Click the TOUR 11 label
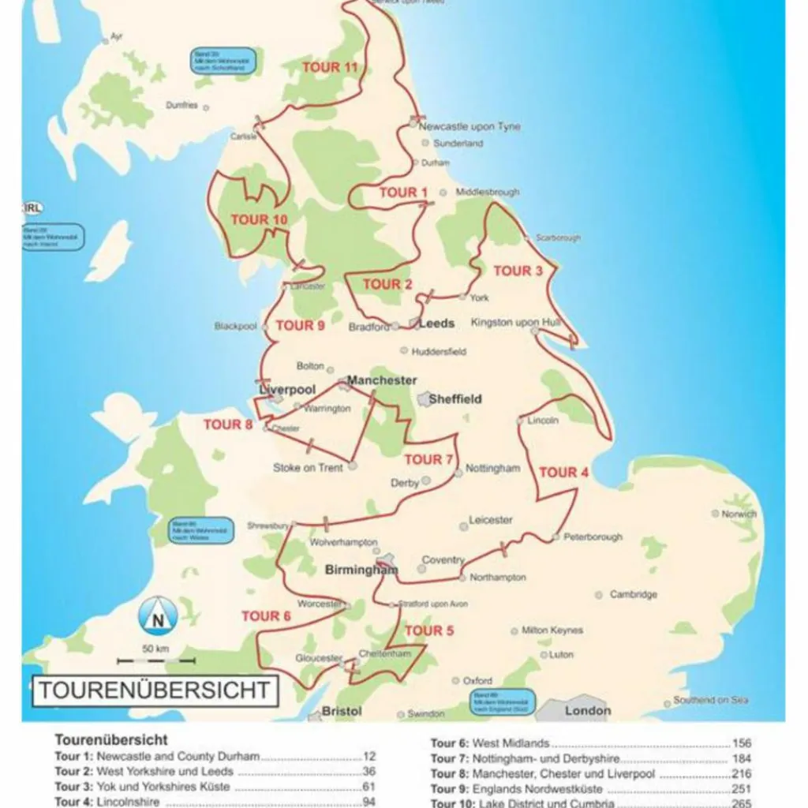click(330, 67)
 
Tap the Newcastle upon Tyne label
click(469, 126)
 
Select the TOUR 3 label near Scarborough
click(518, 271)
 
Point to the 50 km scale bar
click(155, 659)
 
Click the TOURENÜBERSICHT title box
click(155, 690)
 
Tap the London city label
click(588, 710)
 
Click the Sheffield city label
click(454, 399)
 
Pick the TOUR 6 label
click(266, 615)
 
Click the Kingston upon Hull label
click(515, 322)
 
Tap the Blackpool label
click(235, 326)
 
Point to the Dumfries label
click(181, 105)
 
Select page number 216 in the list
click(741, 774)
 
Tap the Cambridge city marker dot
click(599, 594)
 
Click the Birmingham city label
click(359, 569)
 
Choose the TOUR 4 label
click(563, 473)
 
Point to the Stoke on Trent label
click(308, 467)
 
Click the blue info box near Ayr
click(223, 61)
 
